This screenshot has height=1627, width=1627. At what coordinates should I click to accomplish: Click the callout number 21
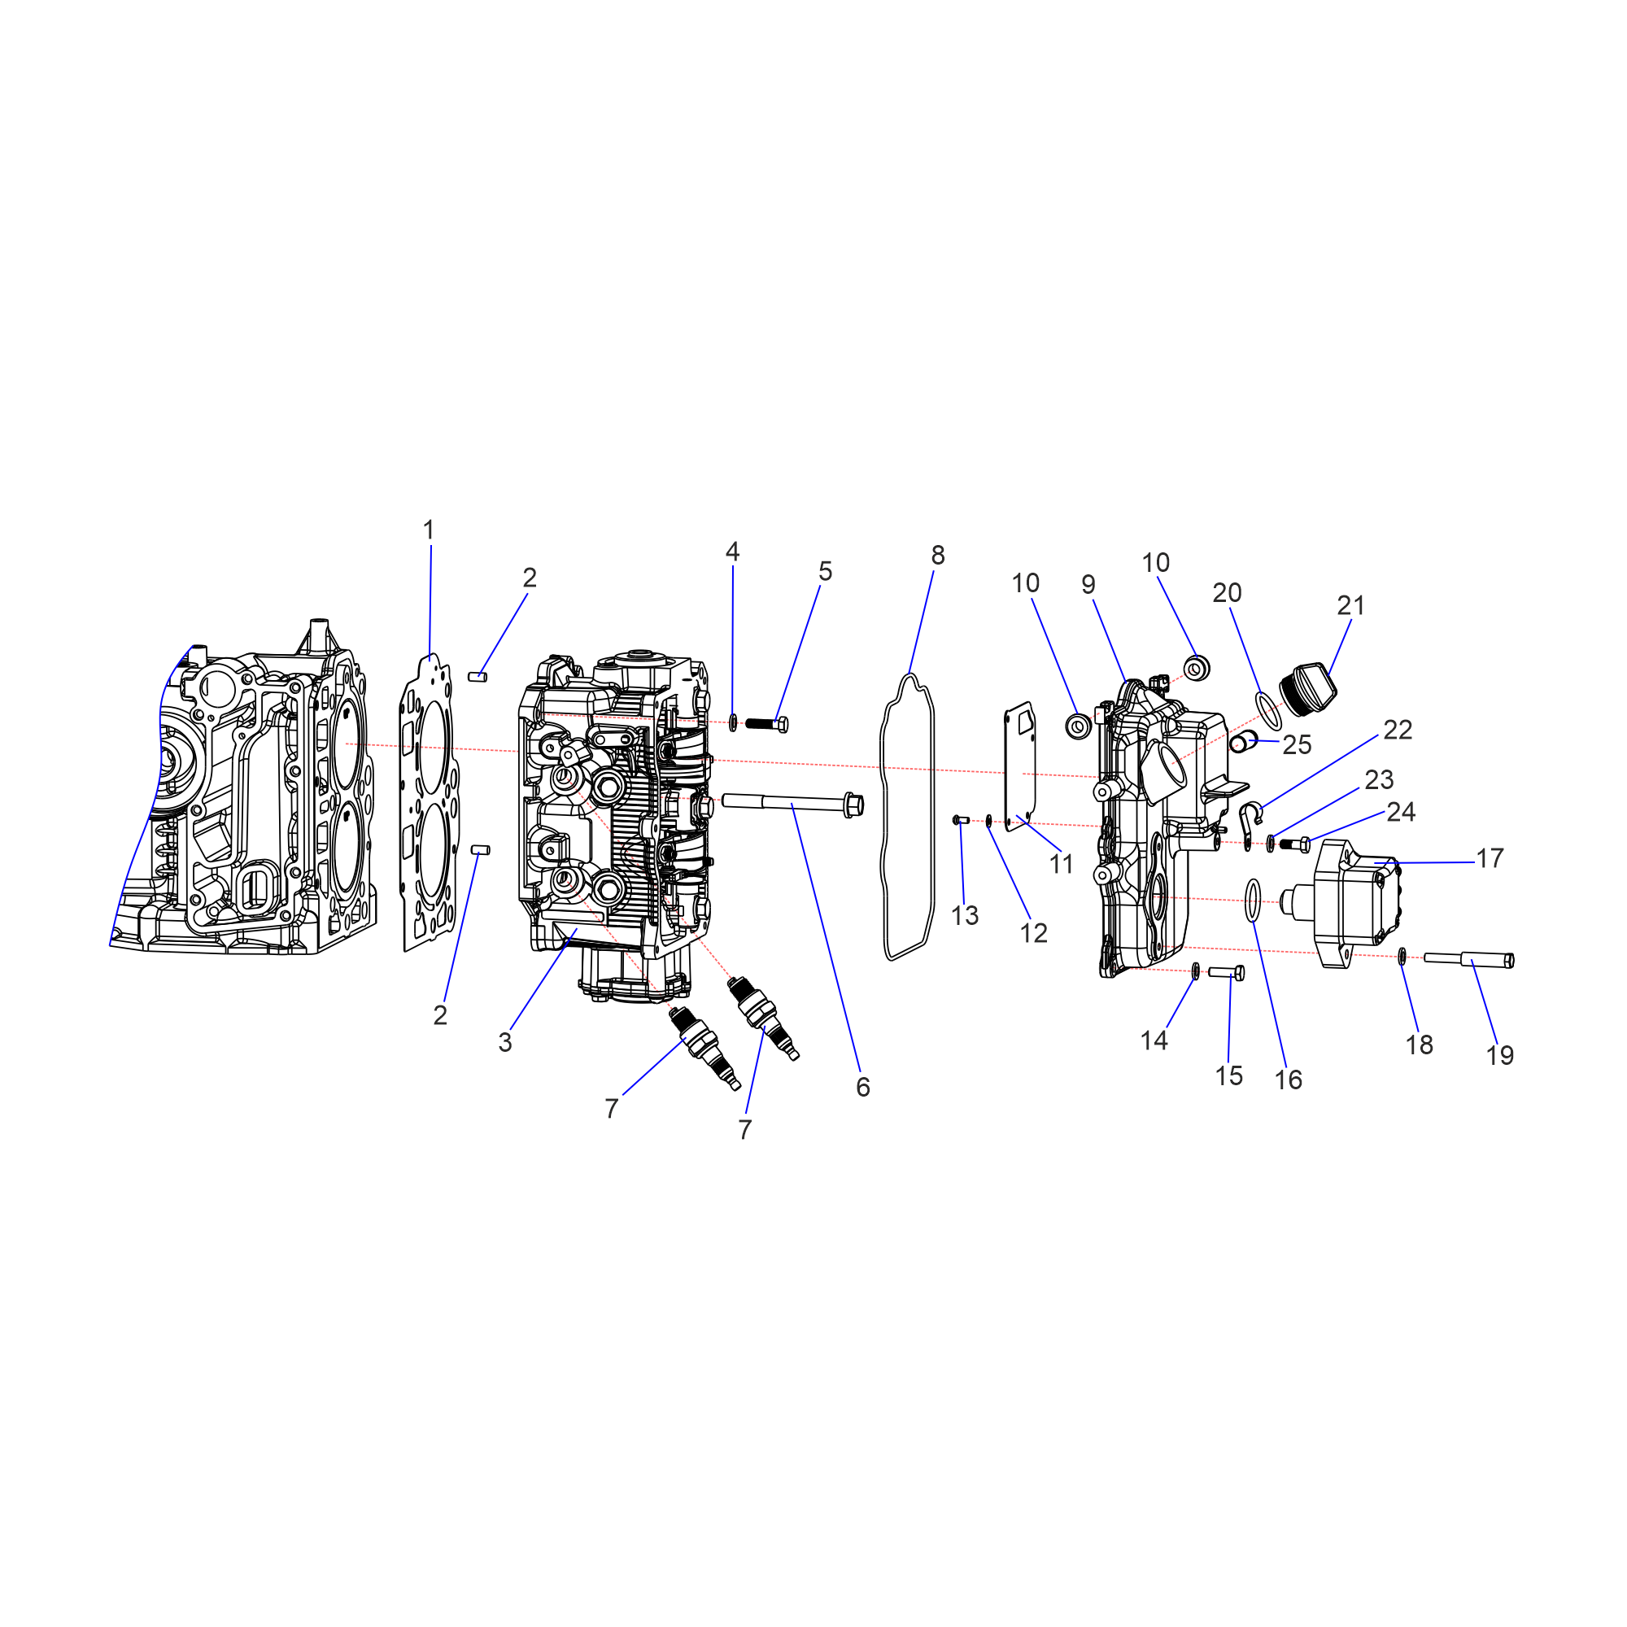pos(1350,604)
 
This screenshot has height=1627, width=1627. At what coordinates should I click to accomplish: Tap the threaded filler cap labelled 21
pos(1308,689)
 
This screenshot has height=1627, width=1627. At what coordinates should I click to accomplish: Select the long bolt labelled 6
pos(792,804)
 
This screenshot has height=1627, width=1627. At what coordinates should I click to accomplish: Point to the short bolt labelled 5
pos(767,723)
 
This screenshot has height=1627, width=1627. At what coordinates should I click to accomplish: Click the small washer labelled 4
pos(733,722)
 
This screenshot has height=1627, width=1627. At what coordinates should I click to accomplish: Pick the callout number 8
pos(938,555)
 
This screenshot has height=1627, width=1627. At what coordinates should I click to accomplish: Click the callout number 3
pos(505,1042)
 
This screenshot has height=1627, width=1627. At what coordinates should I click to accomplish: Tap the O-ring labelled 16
pos(1253,901)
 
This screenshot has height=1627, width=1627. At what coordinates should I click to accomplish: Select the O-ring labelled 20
pos(1269,710)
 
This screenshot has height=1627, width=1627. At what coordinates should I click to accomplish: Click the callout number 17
pos(1490,858)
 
